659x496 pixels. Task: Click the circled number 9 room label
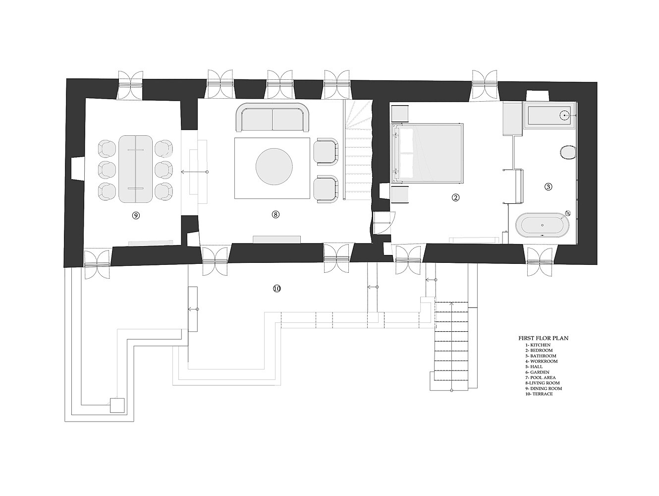136,215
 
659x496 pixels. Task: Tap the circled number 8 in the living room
275,214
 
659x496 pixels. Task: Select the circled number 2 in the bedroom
455,197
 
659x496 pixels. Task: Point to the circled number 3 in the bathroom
548,186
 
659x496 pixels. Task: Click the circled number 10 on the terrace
276,289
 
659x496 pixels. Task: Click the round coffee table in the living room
274,167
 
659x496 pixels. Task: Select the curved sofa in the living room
273,117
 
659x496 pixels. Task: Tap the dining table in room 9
136,169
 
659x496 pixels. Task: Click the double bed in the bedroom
427,153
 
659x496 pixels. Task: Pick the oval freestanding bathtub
542,225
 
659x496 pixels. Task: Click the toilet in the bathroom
568,152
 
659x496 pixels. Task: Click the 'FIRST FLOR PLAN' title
543,338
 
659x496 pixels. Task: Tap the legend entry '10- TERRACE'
539,393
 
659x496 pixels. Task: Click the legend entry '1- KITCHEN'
538,345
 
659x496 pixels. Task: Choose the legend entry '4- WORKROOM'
541,361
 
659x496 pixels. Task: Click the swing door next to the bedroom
384,223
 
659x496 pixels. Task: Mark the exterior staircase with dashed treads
451,346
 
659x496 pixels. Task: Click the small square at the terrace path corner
117,405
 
